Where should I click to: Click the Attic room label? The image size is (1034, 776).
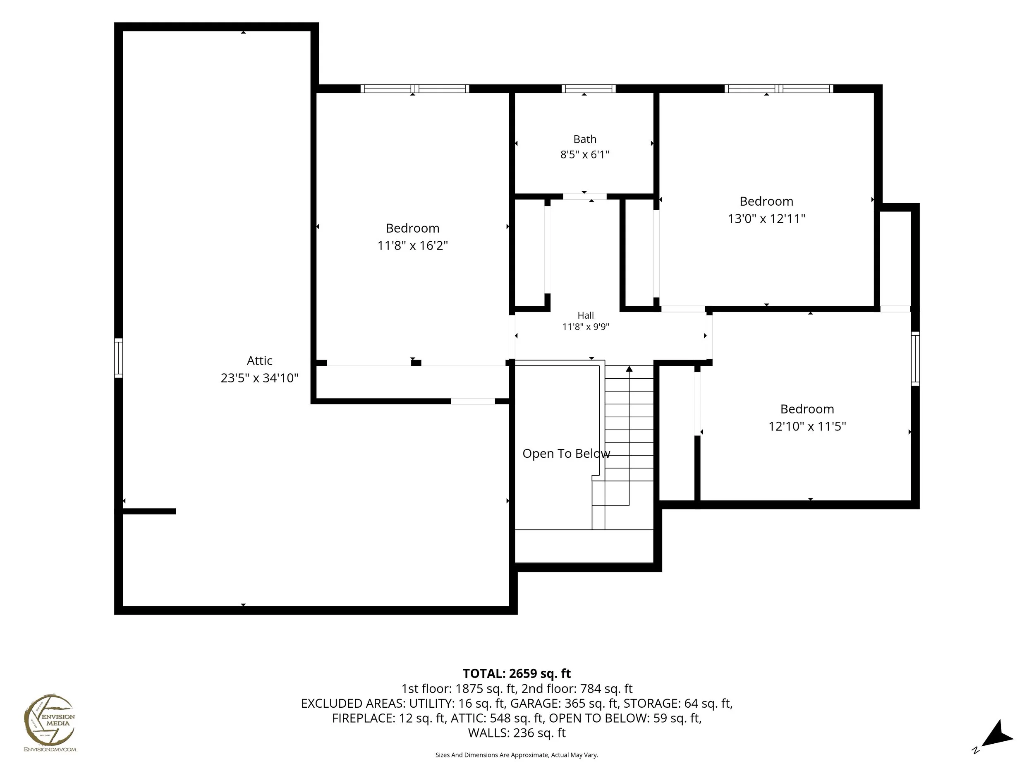(x=259, y=360)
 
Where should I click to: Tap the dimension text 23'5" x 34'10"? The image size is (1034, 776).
(x=259, y=378)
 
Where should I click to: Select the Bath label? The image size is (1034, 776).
(x=585, y=139)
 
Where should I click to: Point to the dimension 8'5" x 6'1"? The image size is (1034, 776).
(x=585, y=154)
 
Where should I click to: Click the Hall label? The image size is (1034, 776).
(x=586, y=316)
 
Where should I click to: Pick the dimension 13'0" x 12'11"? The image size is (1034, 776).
(x=767, y=219)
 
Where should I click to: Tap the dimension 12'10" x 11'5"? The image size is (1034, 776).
(x=807, y=426)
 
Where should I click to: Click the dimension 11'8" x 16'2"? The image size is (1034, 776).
(x=413, y=245)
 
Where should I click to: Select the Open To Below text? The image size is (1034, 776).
(x=566, y=454)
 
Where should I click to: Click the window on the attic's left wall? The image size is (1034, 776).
(x=119, y=358)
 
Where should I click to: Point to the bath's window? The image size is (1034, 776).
(x=589, y=89)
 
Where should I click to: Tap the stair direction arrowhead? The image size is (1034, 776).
(x=629, y=369)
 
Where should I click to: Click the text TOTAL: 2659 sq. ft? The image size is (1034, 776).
(x=517, y=673)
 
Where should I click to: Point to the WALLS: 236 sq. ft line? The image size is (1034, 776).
(x=517, y=733)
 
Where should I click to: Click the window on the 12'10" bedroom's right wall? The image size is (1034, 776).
(x=915, y=359)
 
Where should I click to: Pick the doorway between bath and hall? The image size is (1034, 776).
(x=584, y=197)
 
